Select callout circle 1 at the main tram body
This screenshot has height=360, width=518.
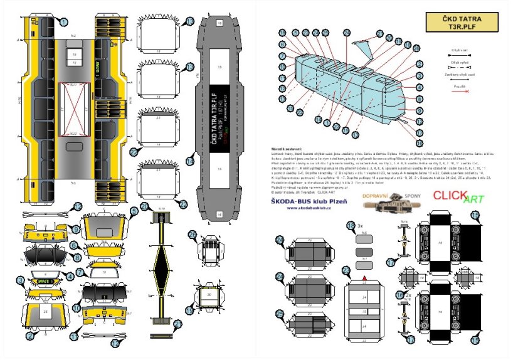point(63,22)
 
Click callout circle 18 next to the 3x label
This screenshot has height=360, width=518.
point(350,225)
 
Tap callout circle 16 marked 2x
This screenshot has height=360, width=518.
point(399,295)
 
